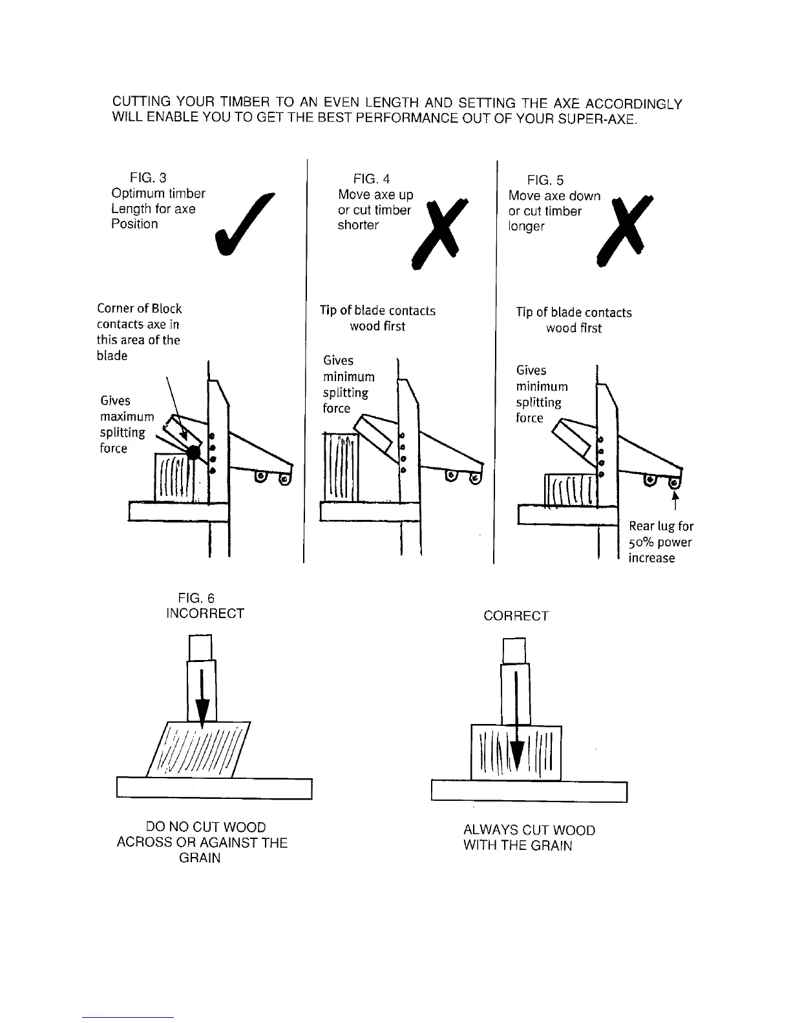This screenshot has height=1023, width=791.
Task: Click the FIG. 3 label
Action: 148,178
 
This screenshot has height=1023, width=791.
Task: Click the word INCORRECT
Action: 205,614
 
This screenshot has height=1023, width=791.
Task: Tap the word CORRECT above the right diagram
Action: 516,616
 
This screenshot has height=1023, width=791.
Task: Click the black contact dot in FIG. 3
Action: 193,453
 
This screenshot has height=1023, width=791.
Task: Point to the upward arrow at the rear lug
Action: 676,499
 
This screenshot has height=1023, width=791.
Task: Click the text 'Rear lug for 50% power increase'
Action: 660,542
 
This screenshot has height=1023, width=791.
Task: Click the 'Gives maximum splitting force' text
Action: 126,424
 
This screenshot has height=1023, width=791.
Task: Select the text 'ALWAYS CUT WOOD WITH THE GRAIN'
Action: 529,838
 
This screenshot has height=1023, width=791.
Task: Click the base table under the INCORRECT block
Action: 214,789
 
